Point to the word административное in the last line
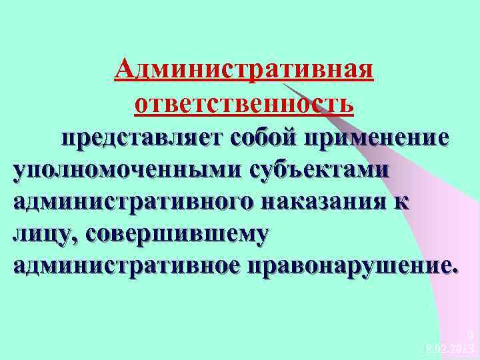point(127,265)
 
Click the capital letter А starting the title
point(124,69)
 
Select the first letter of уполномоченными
point(21,171)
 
